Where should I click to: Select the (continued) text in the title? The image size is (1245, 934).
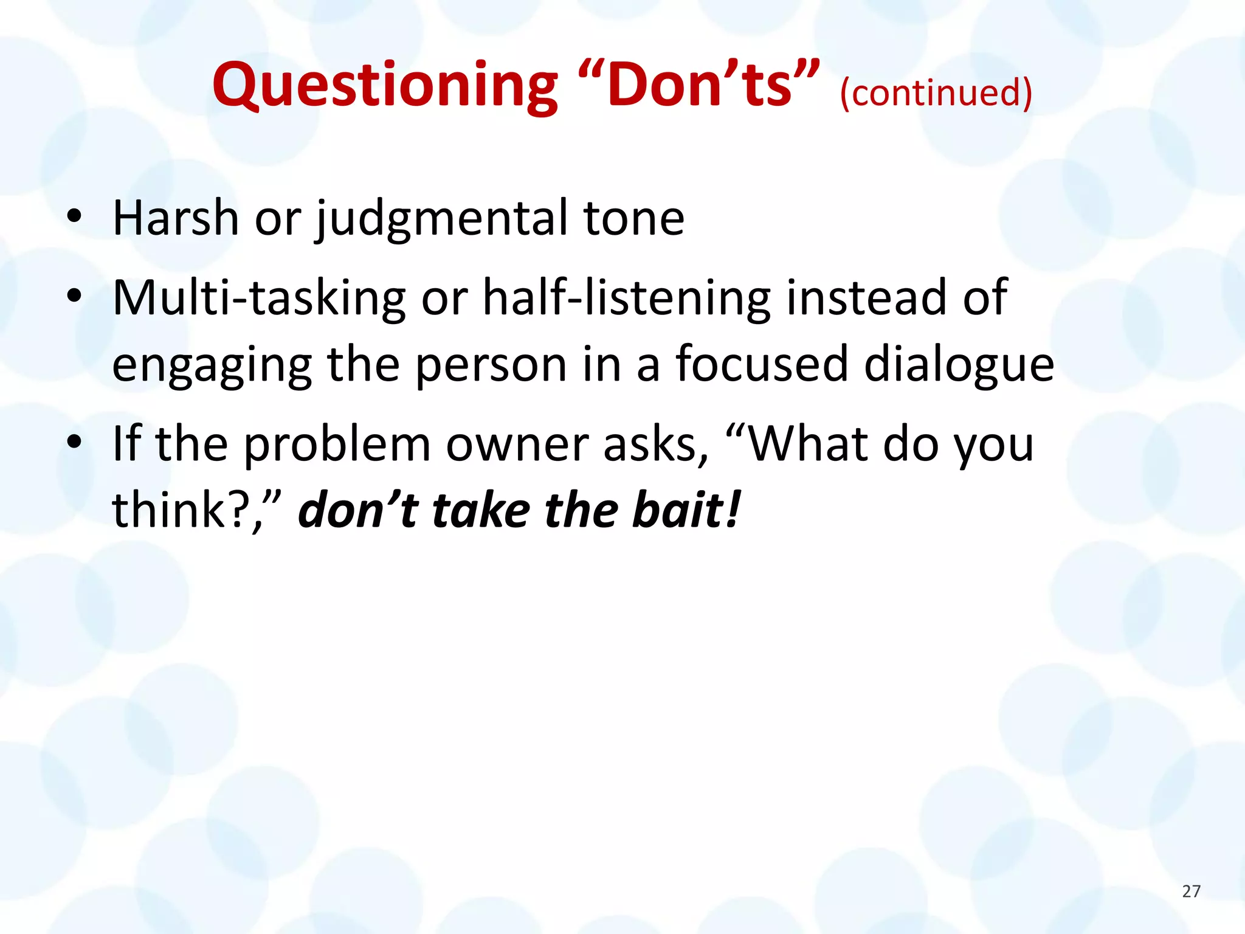click(936, 92)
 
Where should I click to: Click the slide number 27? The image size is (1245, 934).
click(1191, 891)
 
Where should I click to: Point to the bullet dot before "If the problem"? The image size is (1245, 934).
click(74, 442)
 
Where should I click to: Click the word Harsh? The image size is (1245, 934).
click(176, 218)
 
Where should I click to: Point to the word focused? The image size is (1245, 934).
click(762, 364)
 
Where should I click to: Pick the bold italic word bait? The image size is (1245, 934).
click(686, 510)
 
